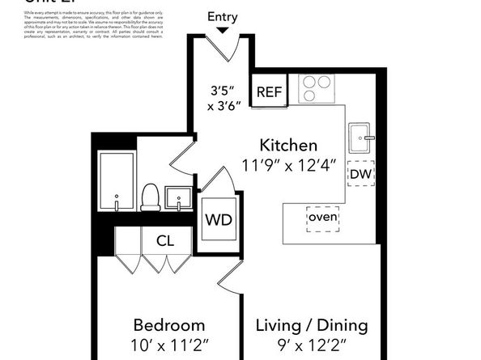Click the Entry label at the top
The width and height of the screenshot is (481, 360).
coord(223,17)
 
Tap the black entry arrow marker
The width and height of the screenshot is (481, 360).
coord(223,31)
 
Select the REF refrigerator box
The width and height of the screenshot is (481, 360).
coord(269,91)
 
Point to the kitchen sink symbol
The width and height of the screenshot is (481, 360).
coord(360,138)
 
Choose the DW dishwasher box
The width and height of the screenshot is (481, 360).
coord(360,173)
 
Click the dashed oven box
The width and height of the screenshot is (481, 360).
coord(322,218)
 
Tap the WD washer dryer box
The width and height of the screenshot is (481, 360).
coord(217,219)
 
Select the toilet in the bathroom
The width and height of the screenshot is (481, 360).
coord(151,197)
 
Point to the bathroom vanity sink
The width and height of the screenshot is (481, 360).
coord(177,197)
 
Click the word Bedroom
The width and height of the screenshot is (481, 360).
coord(169,325)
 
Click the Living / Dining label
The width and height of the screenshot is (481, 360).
coord(312,325)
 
